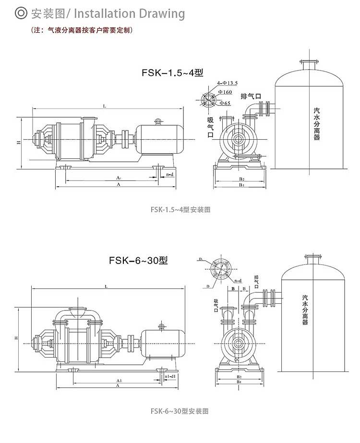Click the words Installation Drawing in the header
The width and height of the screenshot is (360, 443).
point(129,13)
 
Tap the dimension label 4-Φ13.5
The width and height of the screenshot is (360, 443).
point(228,83)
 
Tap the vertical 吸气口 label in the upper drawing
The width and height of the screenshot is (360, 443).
point(210,127)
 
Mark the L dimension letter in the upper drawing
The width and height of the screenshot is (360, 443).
point(104,106)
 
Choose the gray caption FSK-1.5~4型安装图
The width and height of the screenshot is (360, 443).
point(180,209)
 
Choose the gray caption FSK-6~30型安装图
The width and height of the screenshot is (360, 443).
point(179,411)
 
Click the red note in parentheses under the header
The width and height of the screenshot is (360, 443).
point(82,30)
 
